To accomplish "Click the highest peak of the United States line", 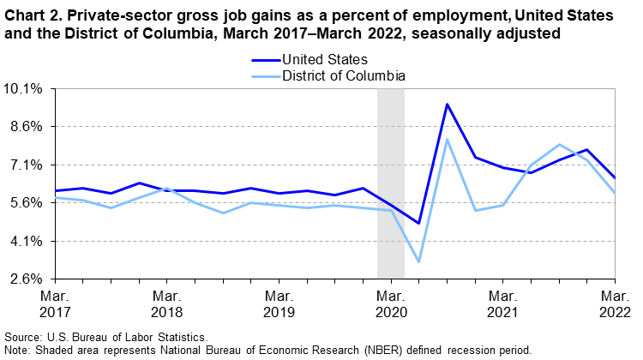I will click(447, 105).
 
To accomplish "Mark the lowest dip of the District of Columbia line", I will click(418, 261).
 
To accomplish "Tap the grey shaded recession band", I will click(391, 171).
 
